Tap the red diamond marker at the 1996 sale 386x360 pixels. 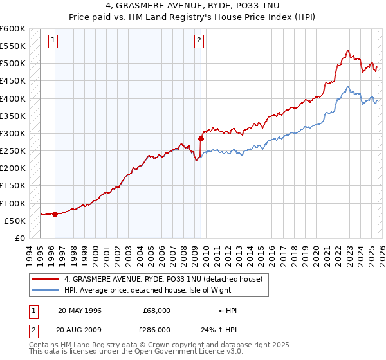[55, 215]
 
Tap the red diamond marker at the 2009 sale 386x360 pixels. [201, 138]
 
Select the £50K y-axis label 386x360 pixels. [15, 221]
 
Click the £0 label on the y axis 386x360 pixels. [20, 238]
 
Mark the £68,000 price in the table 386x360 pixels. [157, 310]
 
